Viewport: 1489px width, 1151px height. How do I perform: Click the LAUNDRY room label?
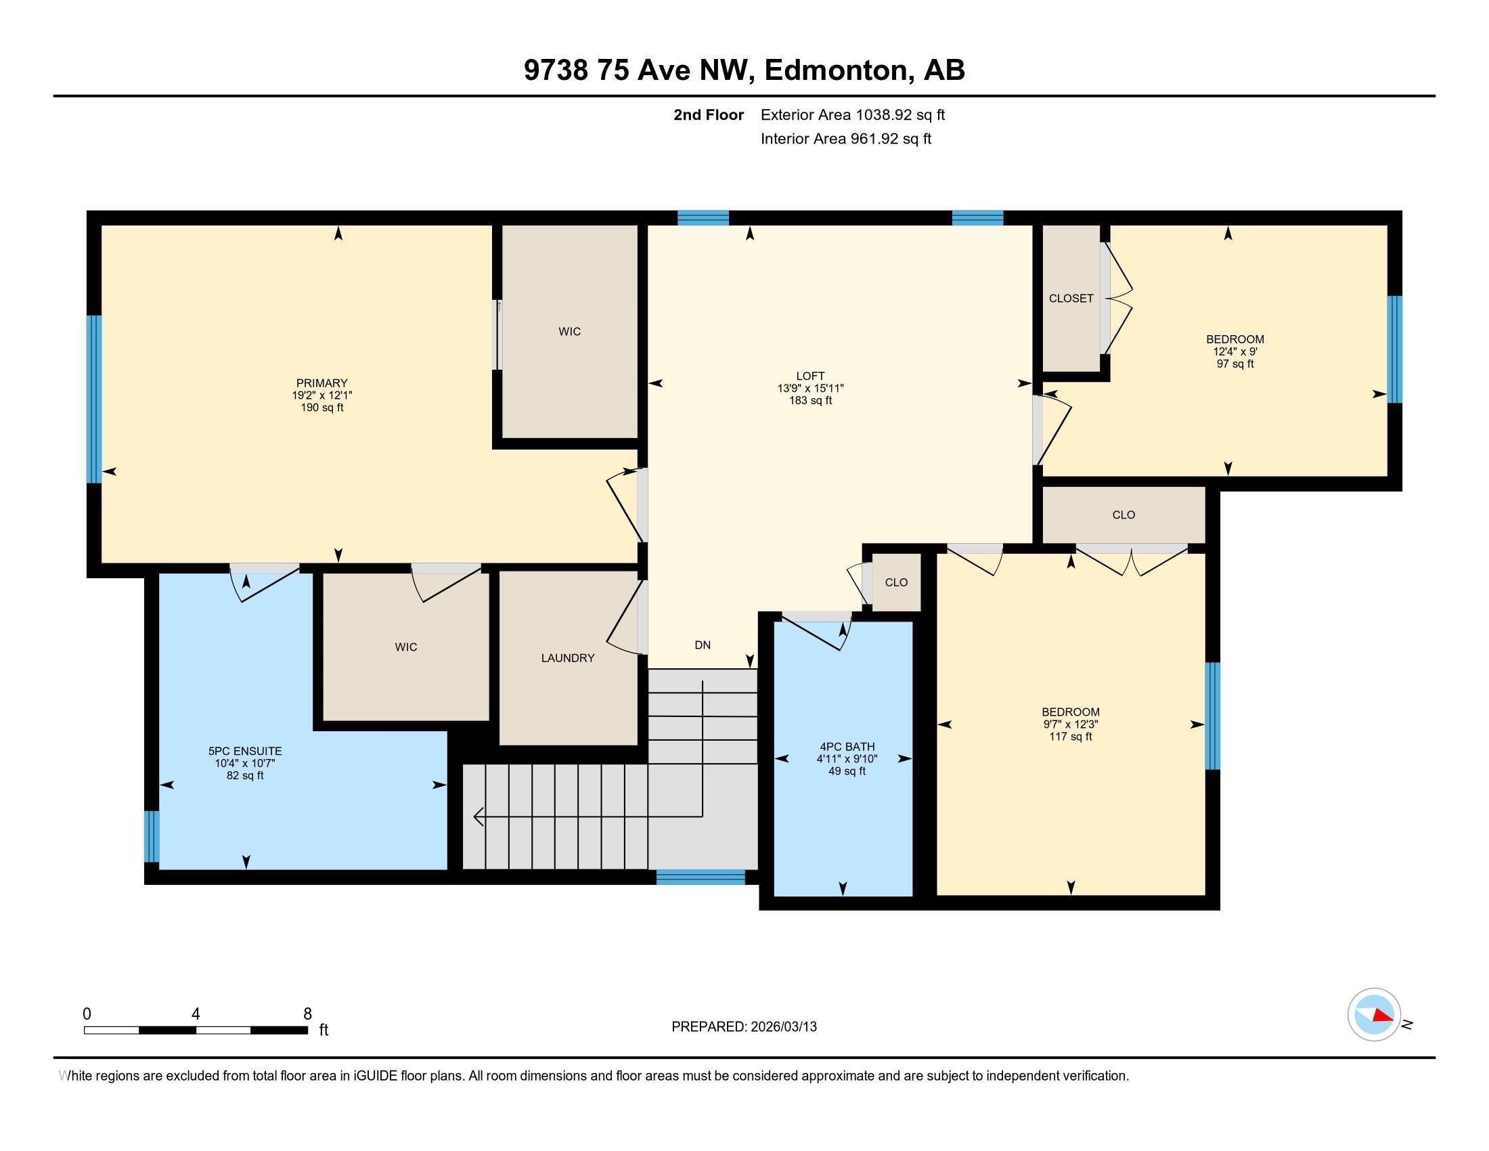coord(568,658)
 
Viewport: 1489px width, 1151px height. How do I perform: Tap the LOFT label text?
coord(811,376)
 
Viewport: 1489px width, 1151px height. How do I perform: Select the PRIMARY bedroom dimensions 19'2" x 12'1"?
coord(321,395)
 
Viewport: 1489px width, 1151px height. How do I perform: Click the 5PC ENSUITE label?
coord(246,751)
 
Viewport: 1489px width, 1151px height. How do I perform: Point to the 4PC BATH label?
coord(847,747)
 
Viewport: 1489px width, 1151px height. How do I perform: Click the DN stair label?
coord(703,645)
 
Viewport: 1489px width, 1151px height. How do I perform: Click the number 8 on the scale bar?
coord(307,1014)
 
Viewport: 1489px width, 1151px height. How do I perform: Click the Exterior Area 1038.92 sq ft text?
coord(853,114)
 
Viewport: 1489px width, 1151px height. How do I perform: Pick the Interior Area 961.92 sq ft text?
coord(846,138)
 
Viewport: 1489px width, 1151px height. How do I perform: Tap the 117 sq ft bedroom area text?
coord(1071,737)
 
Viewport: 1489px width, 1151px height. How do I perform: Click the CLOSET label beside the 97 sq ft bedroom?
coord(1071,299)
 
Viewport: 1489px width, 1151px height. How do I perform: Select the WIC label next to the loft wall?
coord(570,331)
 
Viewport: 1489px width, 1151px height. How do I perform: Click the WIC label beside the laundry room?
coord(405,647)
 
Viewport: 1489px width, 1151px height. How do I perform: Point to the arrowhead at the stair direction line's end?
coord(478,817)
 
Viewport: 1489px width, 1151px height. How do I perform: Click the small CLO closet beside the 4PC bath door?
coord(897,582)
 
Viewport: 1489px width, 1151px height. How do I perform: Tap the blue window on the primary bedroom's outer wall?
coord(94,399)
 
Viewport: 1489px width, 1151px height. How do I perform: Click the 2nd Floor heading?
coord(709,114)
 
